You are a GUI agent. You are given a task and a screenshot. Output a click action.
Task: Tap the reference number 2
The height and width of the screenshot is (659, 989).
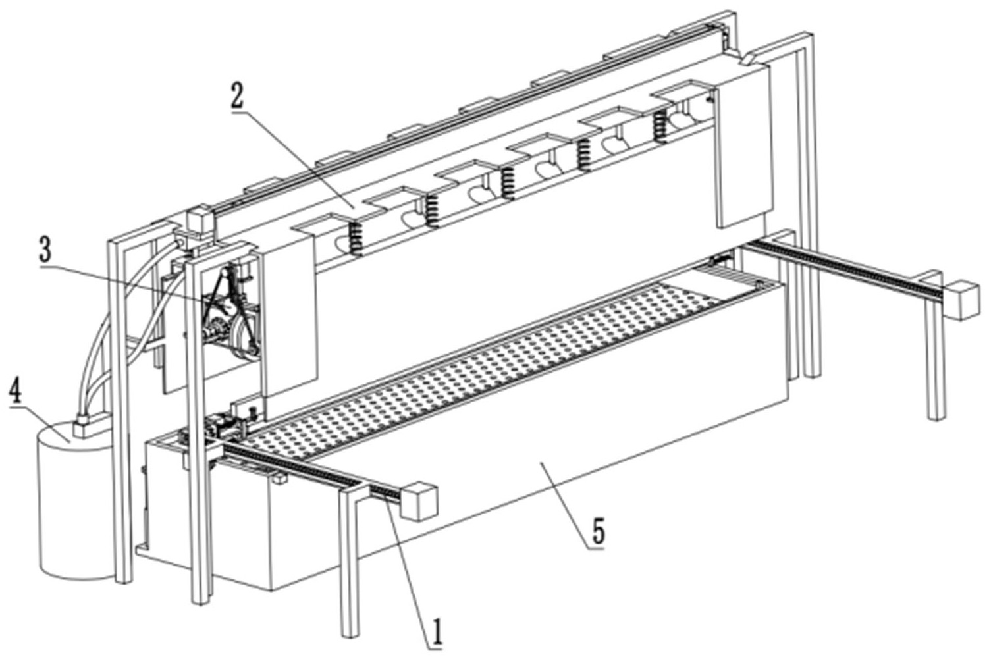point(236,96)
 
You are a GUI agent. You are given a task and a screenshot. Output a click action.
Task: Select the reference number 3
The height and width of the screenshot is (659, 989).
point(45,250)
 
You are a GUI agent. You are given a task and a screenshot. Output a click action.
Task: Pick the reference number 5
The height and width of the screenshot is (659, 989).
point(597,531)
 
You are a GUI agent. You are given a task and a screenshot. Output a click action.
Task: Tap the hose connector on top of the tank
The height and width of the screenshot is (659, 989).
point(84,425)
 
